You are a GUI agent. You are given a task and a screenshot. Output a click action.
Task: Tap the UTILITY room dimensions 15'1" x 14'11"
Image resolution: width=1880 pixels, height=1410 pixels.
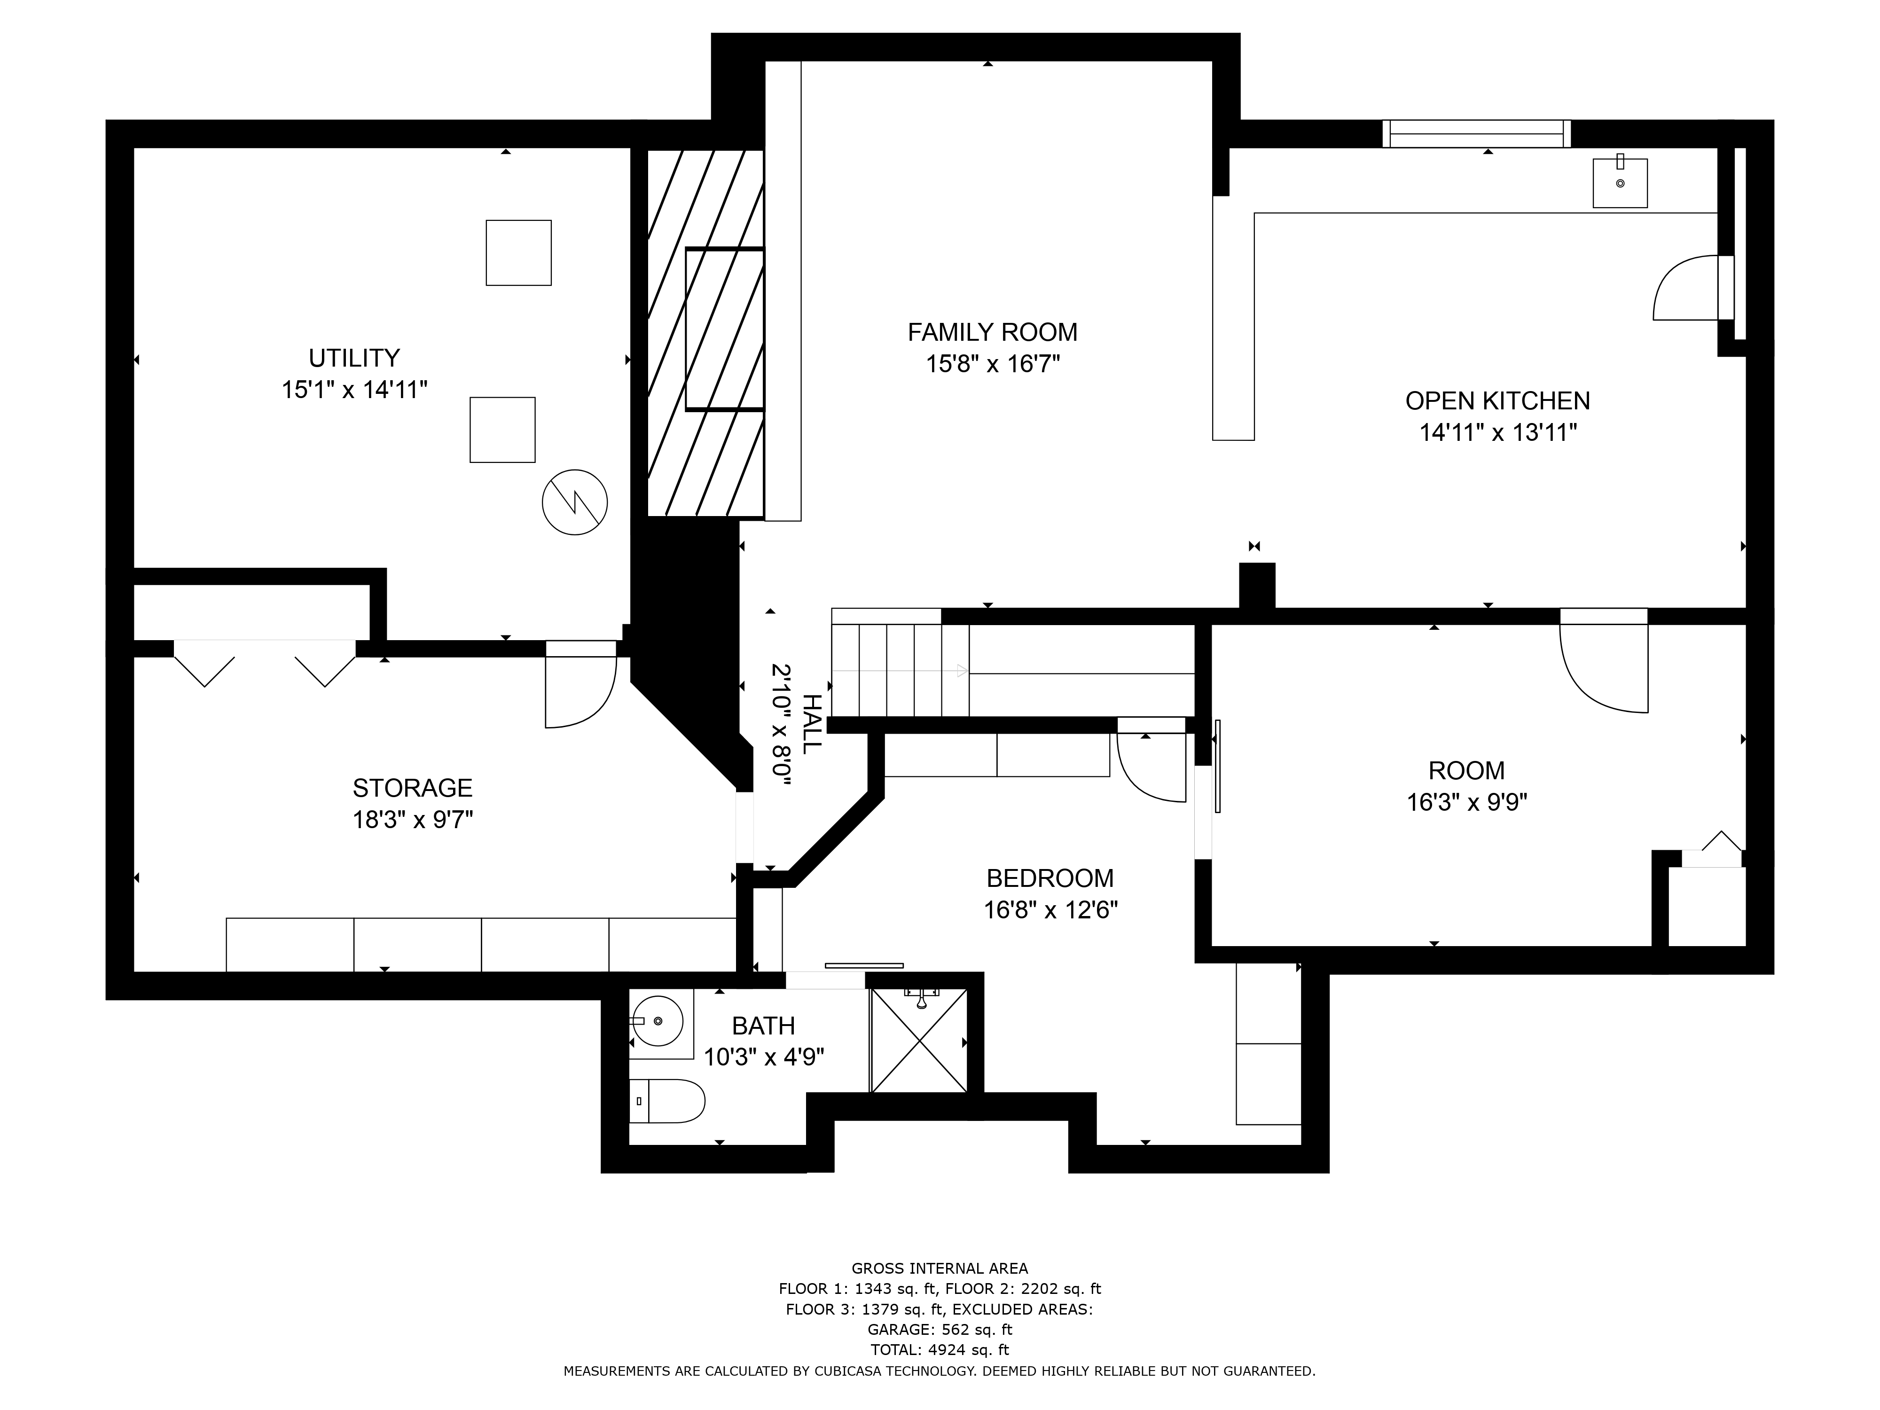pos(354,390)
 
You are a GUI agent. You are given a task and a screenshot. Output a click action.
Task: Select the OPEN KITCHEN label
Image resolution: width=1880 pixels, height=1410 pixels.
pos(1497,400)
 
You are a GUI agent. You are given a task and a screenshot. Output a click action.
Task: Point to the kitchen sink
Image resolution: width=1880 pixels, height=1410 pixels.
pos(1620,183)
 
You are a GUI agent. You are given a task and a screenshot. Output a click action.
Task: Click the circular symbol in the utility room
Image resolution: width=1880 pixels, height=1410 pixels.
pos(574,502)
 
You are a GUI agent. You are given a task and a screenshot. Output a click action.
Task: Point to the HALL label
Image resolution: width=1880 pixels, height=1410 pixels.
pos(812,723)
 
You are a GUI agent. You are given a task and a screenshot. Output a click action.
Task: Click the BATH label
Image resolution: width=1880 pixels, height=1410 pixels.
pos(763,1026)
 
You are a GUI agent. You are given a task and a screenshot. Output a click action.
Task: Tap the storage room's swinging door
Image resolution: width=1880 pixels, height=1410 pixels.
pos(580,684)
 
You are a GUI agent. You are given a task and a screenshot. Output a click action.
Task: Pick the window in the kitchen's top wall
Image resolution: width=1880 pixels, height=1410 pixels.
pos(1476,133)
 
